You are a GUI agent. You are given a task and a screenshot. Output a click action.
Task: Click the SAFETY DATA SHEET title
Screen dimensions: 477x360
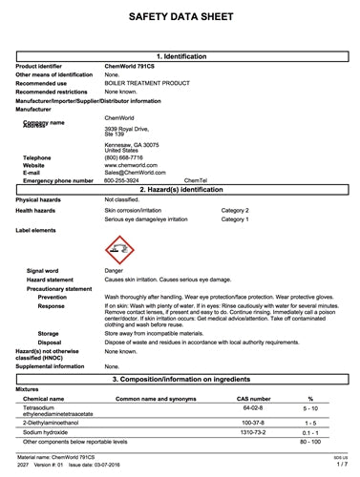180,17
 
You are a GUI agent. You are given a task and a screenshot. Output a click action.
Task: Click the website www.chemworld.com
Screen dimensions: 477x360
132,165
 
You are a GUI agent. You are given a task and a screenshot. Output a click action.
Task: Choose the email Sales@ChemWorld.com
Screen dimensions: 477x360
135,173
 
